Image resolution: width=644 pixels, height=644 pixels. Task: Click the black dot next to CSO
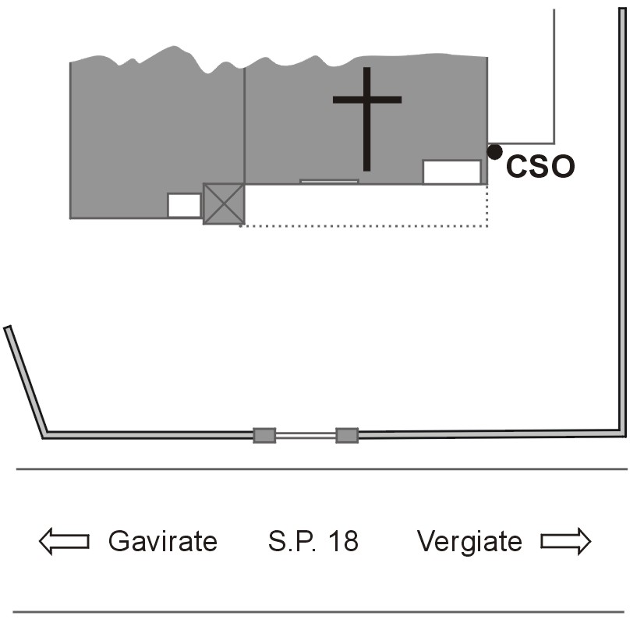(x=494, y=152)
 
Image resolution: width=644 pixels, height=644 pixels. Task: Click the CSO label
(x=540, y=166)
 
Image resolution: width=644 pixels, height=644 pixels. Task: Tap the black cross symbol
(x=366, y=119)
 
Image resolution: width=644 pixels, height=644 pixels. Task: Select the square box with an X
(x=224, y=204)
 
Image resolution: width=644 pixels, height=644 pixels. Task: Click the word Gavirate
(x=163, y=541)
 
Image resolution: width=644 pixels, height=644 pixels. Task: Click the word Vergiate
(x=469, y=542)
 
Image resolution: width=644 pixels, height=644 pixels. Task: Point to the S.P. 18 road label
(x=313, y=541)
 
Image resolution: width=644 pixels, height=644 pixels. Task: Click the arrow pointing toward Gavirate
(x=64, y=541)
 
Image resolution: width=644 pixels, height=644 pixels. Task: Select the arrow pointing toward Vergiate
(x=566, y=541)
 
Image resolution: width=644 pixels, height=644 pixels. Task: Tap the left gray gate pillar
(x=264, y=435)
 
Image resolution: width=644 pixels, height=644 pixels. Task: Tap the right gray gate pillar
(x=347, y=435)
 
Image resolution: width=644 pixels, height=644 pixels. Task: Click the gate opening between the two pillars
(x=306, y=435)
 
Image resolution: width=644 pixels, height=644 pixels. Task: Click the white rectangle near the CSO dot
(x=451, y=172)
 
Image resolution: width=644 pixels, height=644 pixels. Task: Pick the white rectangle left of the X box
(x=185, y=205)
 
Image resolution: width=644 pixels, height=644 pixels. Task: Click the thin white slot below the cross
(x=329, y=182)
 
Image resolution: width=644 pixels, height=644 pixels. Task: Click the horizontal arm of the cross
(x=366, y=100)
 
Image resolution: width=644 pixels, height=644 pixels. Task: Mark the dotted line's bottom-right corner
(x=487, y=226)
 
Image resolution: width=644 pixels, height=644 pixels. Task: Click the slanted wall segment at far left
(x=25, y=382)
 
